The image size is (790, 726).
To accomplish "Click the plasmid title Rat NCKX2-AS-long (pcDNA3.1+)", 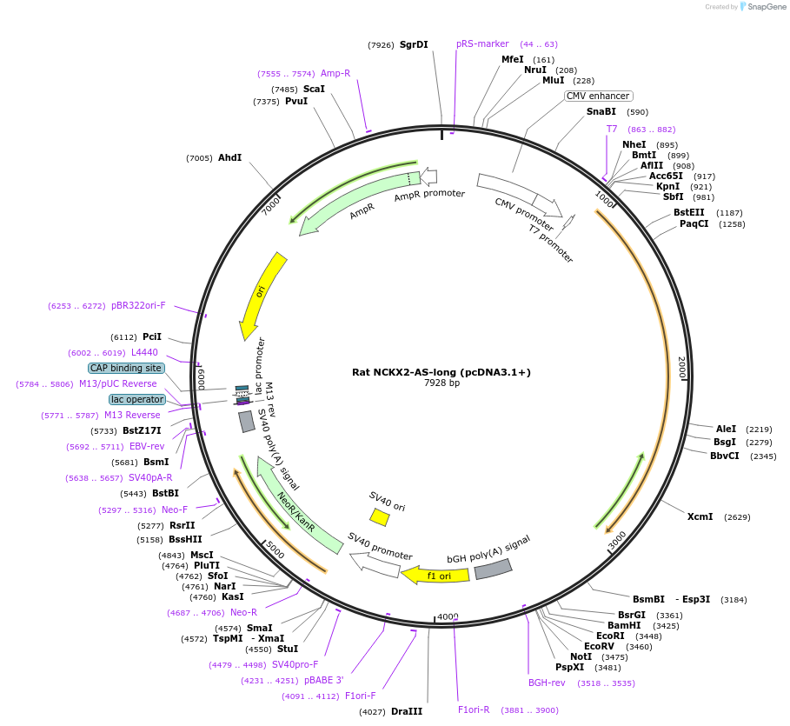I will pos(441,372).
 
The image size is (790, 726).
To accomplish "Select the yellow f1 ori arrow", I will pos(435,575).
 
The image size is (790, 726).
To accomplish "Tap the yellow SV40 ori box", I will pos(379,517).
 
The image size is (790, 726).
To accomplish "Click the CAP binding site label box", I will pos(126,368).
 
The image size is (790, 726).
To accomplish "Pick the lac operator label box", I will pos(137,399).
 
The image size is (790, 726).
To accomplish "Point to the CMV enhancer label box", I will pos(599,96).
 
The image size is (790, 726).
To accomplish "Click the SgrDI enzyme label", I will pos(414,44).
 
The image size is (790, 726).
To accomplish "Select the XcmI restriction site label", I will pos(700,516).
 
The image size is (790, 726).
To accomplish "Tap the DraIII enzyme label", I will pos(407,711).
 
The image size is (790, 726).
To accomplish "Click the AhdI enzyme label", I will pos(229,157).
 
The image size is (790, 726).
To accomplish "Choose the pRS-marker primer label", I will pos(482,43).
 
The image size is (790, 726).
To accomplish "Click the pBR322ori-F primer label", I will pos(138,305).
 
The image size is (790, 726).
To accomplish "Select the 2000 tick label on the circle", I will pos(682,368).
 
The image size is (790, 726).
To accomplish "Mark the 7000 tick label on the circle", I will pos(272,204).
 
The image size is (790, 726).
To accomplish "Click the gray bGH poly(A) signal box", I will pos(493,569).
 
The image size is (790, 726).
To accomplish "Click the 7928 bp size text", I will pos(441,383).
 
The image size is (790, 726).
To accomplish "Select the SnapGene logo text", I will pos(767,7).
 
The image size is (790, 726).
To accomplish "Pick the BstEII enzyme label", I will pos(689,212).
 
